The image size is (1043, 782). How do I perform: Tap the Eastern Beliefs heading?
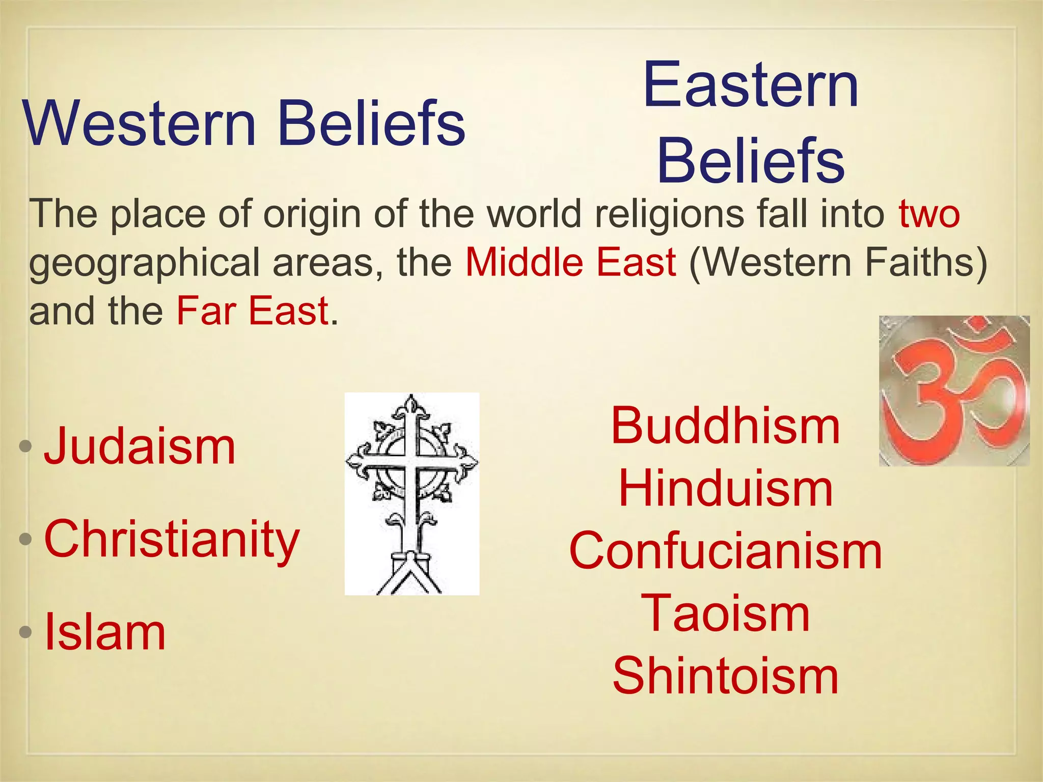coord(751,122)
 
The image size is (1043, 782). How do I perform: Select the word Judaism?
coord(140,446)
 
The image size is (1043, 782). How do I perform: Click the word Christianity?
coord(172,539)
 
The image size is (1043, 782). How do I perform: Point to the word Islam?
coord(105,632)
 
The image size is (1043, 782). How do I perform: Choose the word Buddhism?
coord(725,426)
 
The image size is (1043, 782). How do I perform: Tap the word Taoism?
coord(725,614)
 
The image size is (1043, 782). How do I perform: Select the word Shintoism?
coord(725,676)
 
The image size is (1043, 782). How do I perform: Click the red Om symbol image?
coord(954,391)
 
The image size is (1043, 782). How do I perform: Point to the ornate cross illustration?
coord(412,493)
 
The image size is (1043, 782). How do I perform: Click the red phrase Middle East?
coord(571,263)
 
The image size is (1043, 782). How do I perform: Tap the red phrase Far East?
coord(252,311)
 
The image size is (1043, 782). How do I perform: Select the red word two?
coord(929,214)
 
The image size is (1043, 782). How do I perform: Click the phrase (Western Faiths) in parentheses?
coord(837,263)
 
